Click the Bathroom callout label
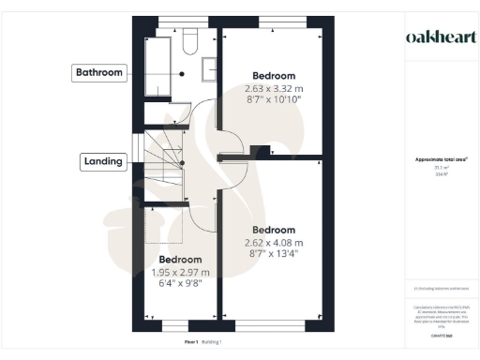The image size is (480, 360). pos(99,72)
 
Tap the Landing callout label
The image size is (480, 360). pos(102,161)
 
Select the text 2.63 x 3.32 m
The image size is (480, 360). pos(274,89)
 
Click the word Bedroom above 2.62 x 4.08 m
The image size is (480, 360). pos(274,230)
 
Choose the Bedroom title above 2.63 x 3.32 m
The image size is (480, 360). pos(274,76)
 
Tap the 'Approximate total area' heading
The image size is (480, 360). pos(434,160)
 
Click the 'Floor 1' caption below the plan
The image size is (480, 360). pos(190,343)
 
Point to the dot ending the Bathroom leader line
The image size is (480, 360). pos(183,72)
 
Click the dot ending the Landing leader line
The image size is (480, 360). pos(182,161)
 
